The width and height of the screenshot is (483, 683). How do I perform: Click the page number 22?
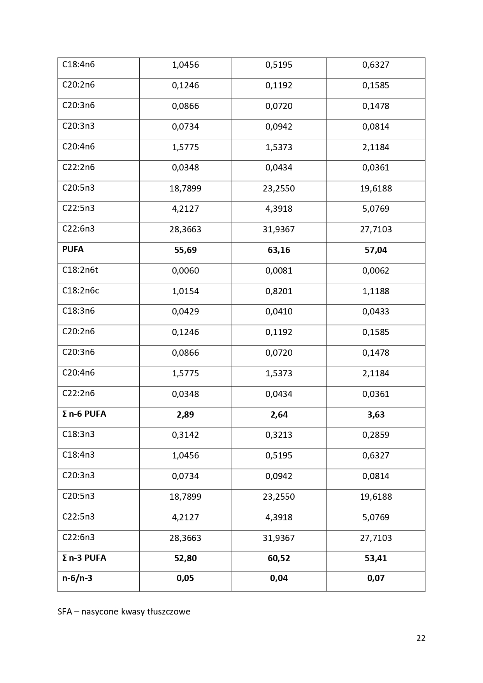(421, 638)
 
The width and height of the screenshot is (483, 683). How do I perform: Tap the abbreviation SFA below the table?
(65, 611)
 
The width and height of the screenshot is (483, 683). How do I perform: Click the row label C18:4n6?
(78, 64)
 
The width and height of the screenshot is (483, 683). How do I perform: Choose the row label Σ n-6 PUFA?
(84, 414)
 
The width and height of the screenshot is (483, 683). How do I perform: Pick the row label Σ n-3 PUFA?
(84, 558)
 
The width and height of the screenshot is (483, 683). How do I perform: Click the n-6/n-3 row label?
(77, 578)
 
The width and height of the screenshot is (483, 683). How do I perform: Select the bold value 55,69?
(185, 250)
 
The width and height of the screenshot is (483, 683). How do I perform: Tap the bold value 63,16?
(279, 250)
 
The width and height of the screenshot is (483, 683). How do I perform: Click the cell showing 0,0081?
(279, 270)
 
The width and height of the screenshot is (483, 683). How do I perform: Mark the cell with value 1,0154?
(185, 291)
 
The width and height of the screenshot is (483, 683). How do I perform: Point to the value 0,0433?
(376, 311)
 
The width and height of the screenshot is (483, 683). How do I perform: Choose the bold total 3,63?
(376, 414)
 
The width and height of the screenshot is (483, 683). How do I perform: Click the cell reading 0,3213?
(279, 435)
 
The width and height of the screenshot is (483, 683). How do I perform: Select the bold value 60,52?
(279, 558)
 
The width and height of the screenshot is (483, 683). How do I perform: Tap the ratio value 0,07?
(376, 578)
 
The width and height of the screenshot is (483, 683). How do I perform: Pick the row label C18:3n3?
(78, 434)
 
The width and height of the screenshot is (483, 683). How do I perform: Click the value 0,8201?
(279, 291)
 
